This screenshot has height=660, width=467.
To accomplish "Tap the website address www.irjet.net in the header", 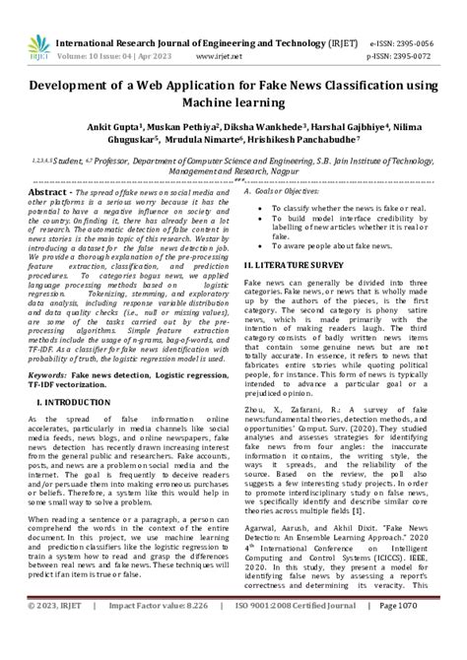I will (x=230, y=30).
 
